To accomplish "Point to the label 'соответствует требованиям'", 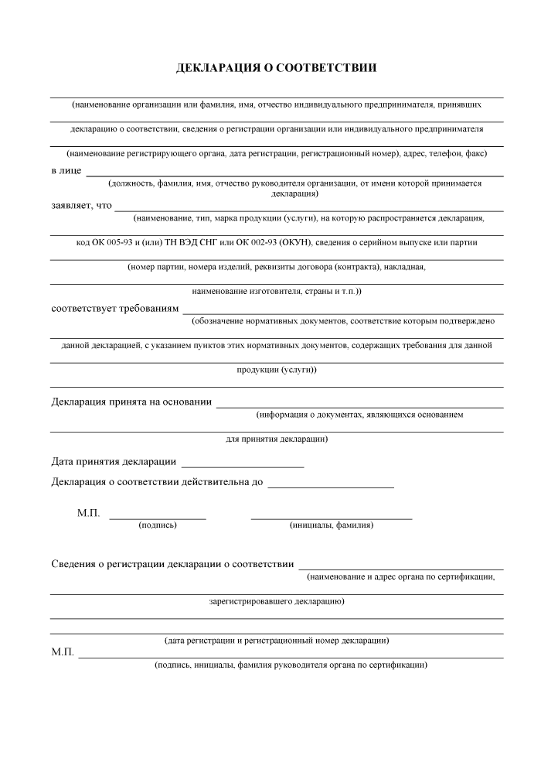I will (114, 309).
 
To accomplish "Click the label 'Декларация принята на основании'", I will (131, 402).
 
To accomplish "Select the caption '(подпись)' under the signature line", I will (158, 525).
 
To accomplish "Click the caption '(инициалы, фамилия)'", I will (332, 525).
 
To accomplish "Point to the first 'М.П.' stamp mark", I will (89, 513).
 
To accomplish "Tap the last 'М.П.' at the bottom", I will (63, 653).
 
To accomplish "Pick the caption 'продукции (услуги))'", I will (277, 370).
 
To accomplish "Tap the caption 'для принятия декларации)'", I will (277, 439).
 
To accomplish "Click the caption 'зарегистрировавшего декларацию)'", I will (277, 600).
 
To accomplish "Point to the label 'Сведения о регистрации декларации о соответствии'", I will (172, 563).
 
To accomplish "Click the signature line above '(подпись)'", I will (158, 517).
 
